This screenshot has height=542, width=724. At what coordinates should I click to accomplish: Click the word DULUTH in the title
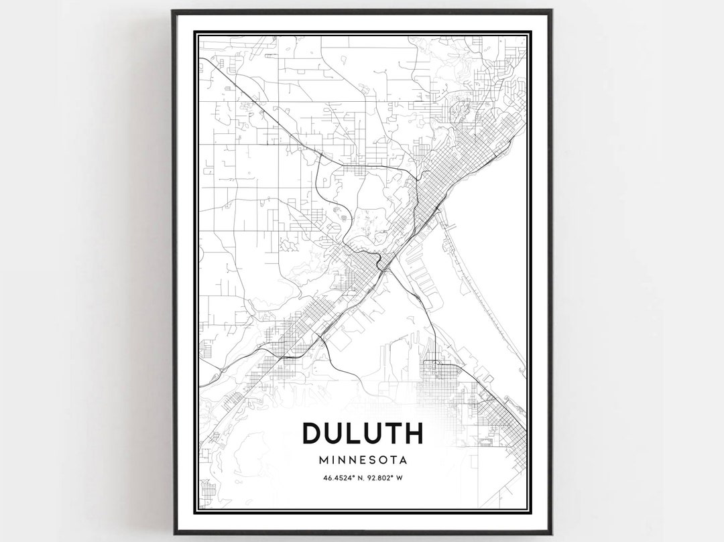(362, 433)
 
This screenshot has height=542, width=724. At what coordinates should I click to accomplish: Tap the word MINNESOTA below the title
(363, 460)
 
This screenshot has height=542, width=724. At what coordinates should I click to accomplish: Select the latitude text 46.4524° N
(340, 478)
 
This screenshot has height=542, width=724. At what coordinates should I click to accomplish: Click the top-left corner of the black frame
(173, 11)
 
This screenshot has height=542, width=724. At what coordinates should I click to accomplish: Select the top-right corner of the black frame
(551, 11)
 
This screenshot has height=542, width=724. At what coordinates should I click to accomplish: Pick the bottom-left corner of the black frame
(173, 533)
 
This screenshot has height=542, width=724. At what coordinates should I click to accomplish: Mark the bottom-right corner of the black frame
(551, 533)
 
